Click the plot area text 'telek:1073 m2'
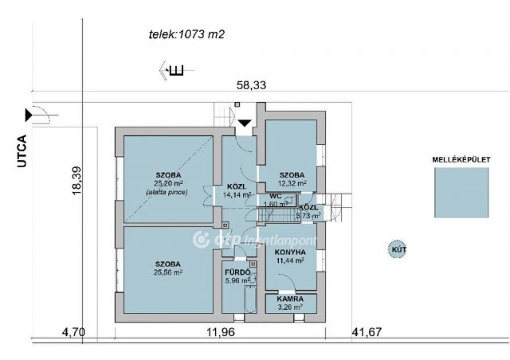pos(186,34)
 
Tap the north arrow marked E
pos(173,70)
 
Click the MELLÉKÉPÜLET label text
pos(460,159)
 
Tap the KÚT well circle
pos(396,250)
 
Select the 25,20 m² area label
pos(168,183)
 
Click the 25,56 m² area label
pos(168,272)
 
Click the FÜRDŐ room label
pos(237,272)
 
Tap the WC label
pos(275,195)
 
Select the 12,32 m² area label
pos(292,184)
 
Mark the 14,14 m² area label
pos(237,194)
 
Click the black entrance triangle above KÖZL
pos(245,123)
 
